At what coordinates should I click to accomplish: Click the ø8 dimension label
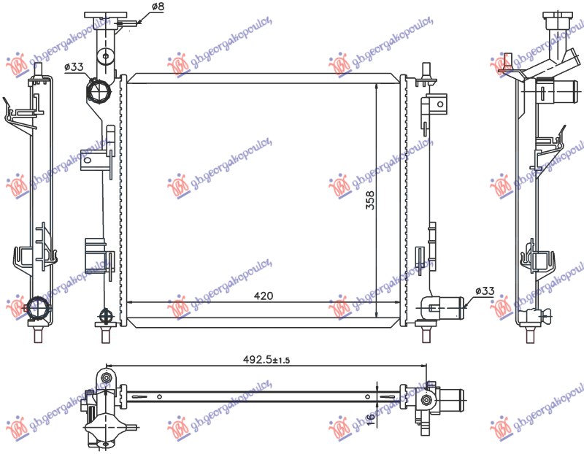pos(157,7)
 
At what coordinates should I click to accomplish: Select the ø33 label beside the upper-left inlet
pos(74,67)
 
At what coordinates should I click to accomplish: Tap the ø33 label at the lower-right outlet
pos(485,291)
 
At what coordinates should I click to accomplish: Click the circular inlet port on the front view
pos(98,92)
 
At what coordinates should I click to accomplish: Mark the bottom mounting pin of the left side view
pos(38,336)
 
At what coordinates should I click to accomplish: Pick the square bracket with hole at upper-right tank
pos(438,104)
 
